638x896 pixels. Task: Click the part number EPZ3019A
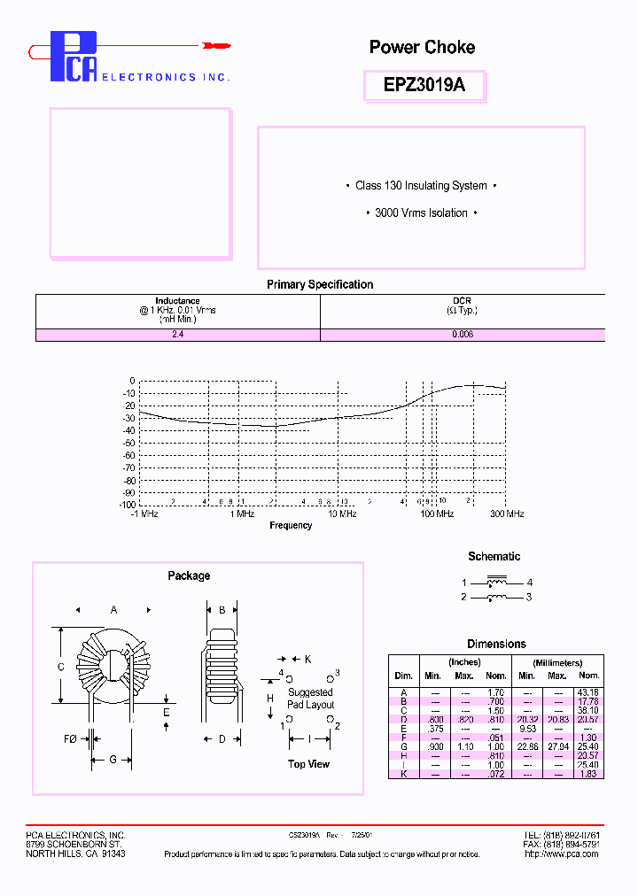423,86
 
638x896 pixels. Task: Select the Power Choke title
422,47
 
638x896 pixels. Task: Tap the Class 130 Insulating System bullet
421,186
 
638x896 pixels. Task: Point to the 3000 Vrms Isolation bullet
421,213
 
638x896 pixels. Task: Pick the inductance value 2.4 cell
177,336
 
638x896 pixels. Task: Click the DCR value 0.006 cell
462,336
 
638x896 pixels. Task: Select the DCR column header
462,301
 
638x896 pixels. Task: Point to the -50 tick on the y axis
128,443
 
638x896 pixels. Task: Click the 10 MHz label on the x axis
342,514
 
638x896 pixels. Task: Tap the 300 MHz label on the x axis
507,514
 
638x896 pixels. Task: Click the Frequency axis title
291,526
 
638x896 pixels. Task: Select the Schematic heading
494,557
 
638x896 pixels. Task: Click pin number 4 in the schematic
530,583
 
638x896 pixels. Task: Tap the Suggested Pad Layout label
310,699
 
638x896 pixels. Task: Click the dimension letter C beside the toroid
60,667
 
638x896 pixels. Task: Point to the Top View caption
308,764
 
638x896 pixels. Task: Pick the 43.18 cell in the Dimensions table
588,692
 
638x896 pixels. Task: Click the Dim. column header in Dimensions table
403,676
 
